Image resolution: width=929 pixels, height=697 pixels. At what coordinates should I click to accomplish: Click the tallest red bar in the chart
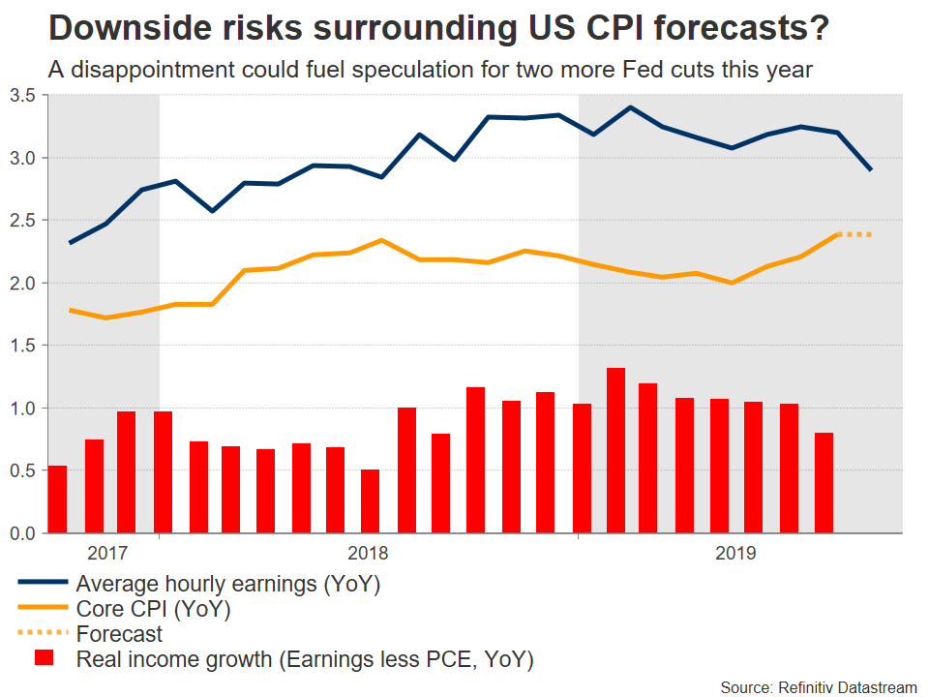(x=615, y=451)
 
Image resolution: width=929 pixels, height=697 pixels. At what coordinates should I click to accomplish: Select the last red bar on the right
(x=824, y=483)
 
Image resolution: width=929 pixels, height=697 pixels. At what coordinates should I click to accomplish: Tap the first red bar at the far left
(x=57, y=500)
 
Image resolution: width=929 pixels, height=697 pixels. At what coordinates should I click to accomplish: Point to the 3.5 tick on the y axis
(x=22, y=95)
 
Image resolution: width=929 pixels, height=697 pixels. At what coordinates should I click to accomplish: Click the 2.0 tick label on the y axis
(x=22, y=283)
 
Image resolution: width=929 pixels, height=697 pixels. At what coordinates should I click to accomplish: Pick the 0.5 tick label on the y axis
(x=22, y=470)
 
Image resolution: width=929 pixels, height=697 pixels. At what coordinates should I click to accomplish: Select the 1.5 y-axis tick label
(x=22, y=346)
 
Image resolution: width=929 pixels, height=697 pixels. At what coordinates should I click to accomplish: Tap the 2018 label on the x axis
(x=368, y=554)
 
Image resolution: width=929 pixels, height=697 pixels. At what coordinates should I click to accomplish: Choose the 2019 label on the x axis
(x=735, y=554)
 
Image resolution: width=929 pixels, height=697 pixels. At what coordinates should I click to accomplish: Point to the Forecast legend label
(x=120, y=635)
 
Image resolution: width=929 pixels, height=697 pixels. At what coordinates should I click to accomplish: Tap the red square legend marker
(x=44, y=659)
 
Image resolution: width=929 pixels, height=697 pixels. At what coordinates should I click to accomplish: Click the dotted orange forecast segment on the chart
(x=856, y=234)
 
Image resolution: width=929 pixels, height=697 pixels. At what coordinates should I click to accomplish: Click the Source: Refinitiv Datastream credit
(x=818, y=686)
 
